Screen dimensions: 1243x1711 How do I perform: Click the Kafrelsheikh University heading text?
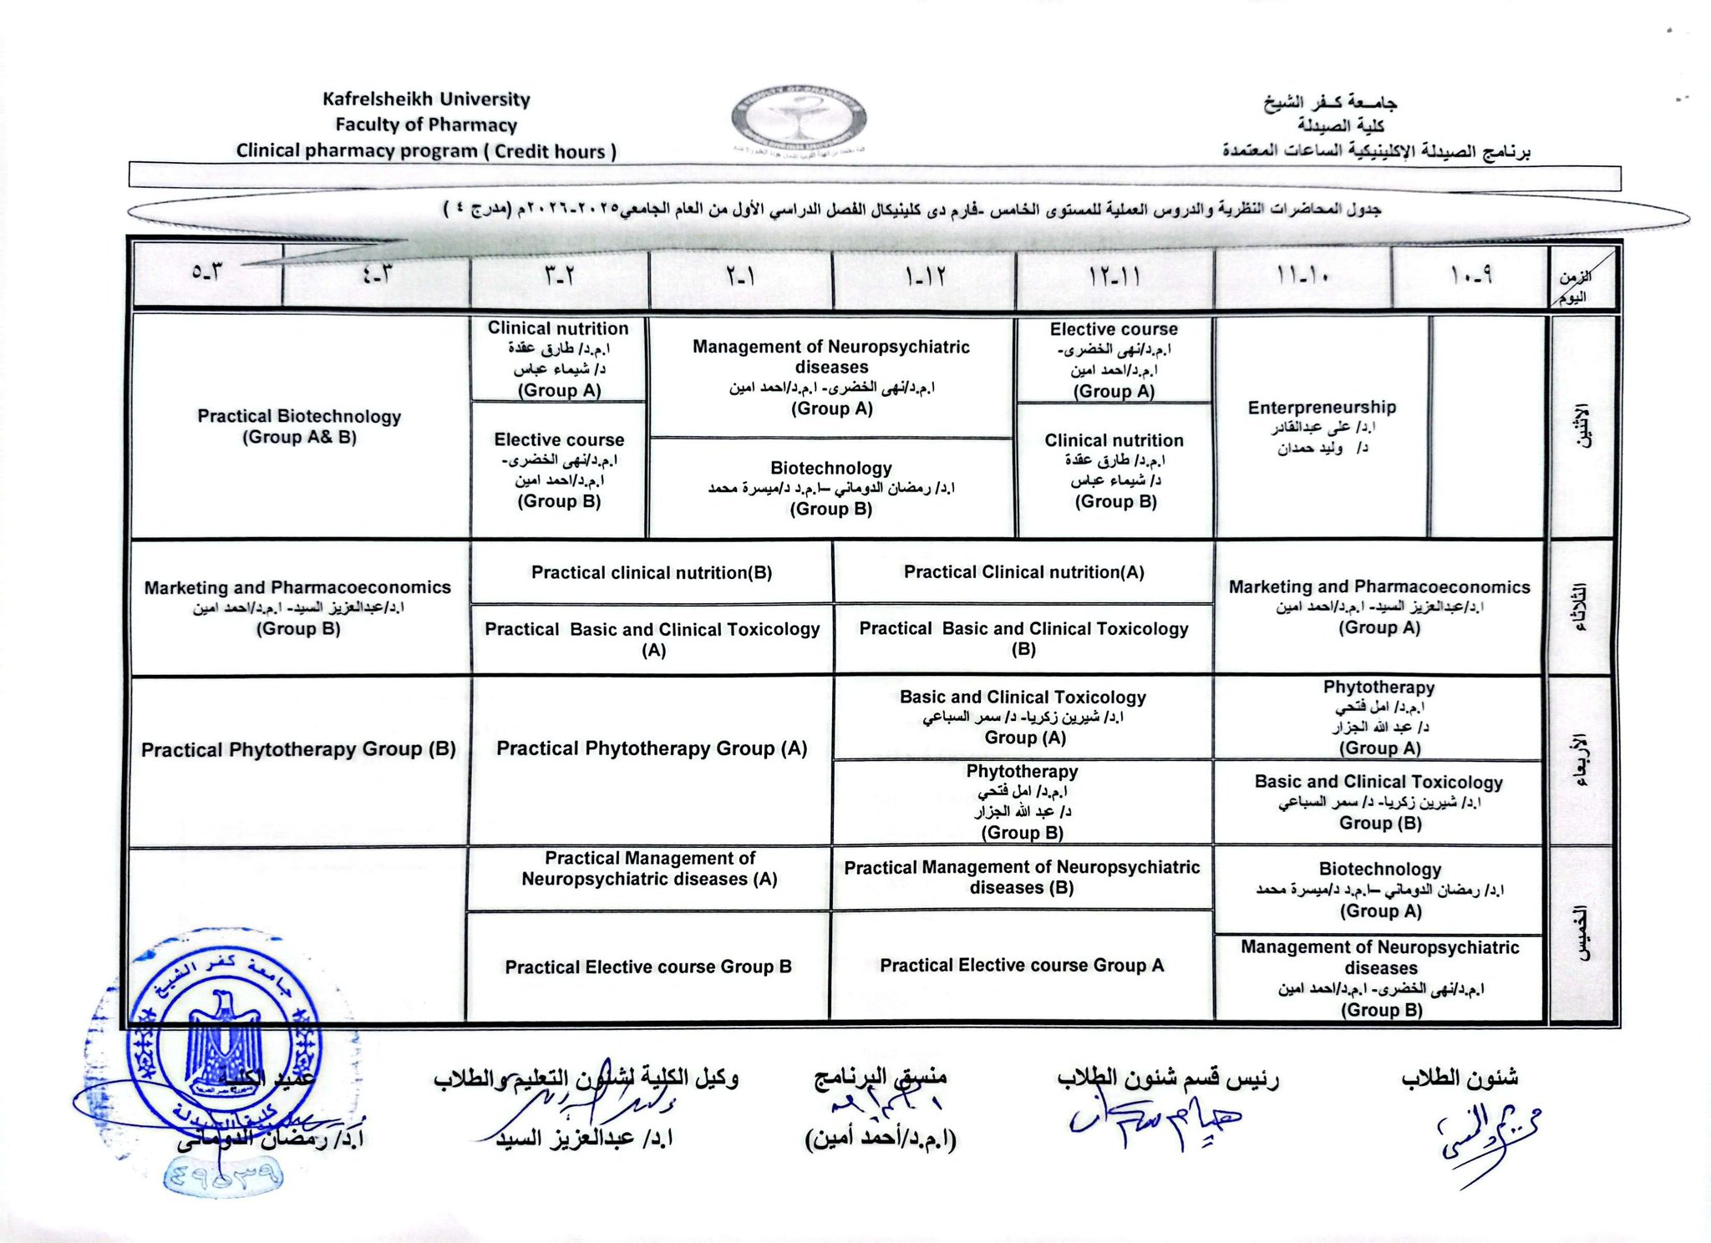pos(426,99)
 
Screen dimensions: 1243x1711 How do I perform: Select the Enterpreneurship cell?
pos(1322,426)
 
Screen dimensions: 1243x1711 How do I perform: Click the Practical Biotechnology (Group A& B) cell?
pos(299,426)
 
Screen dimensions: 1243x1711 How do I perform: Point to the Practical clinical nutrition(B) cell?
pos(652,573)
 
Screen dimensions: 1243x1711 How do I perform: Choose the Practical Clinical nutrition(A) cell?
pos(1023,572)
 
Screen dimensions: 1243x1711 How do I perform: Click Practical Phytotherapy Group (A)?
pos(652,748)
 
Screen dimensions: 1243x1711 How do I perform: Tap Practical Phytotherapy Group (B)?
pos(298,749)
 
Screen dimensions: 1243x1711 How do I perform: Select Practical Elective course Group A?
pos(1021,966)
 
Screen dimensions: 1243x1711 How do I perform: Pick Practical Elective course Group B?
pos(648,966)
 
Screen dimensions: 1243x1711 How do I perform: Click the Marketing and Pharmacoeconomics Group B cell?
pos(298,607)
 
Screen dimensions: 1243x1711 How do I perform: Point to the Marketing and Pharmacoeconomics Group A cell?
pos(1378,606)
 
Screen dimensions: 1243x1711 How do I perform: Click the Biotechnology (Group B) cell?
pos(831,488)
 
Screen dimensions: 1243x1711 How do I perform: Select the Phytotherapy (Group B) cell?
pos(1022,802)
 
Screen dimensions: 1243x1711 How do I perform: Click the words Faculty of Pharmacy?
pos(426,125)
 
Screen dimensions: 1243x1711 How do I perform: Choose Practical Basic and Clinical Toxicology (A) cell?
pos(652,639)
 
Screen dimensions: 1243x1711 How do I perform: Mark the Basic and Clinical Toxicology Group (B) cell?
pos(1378,802)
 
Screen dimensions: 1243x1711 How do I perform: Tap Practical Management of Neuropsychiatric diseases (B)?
pos(1022,877)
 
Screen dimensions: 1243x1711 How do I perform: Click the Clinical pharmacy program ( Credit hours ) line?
pos(426,151)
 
